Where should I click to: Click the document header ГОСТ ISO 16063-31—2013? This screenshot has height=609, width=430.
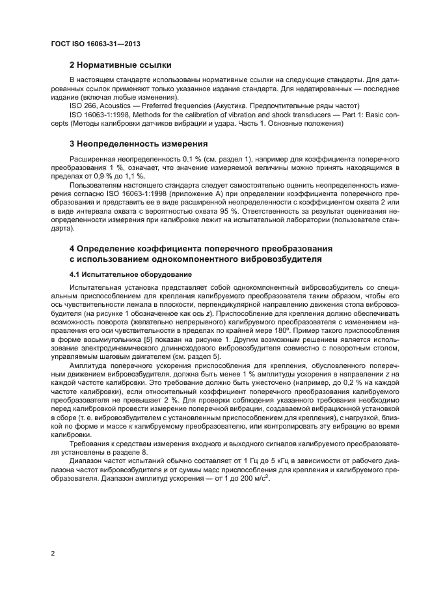(x=96, y=44)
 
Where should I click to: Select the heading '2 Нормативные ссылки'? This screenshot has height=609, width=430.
(x=120, y=65)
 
